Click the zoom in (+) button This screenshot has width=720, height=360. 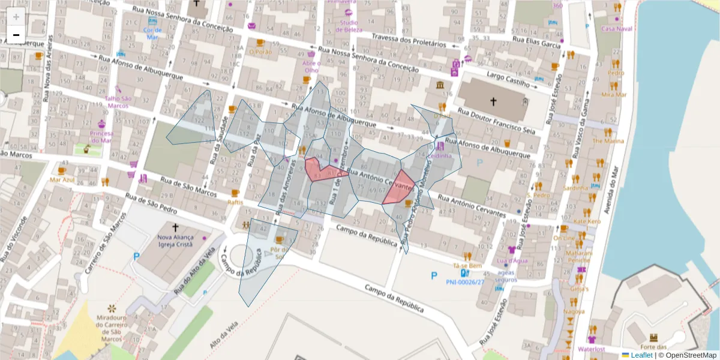click(x=16, y=16)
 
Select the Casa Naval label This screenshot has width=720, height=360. click(x=617, y=28)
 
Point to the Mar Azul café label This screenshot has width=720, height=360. click(x=62, y=179)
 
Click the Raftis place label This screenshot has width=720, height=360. click(x=235, y=202)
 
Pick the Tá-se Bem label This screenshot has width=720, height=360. click(x=468, y=265)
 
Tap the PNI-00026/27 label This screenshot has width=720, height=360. click(x=464, y=282)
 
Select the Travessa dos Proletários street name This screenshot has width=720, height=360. click(x=409, y=38)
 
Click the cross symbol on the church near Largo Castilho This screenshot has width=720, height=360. click(x=493, y=102)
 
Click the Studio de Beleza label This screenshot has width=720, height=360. click(x=347, y=26)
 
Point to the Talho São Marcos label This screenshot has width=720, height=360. click(x=118, y=102)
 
